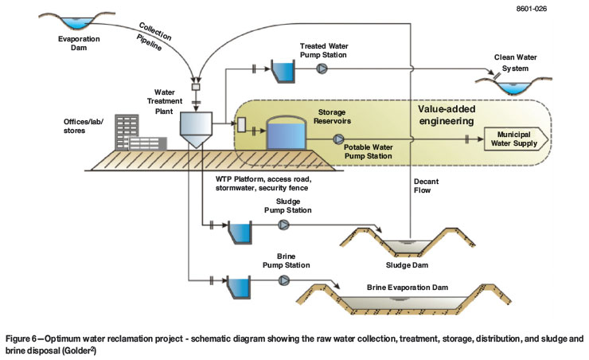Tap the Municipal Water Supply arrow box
click(517, 141)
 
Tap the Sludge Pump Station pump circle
click(283, 225)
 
